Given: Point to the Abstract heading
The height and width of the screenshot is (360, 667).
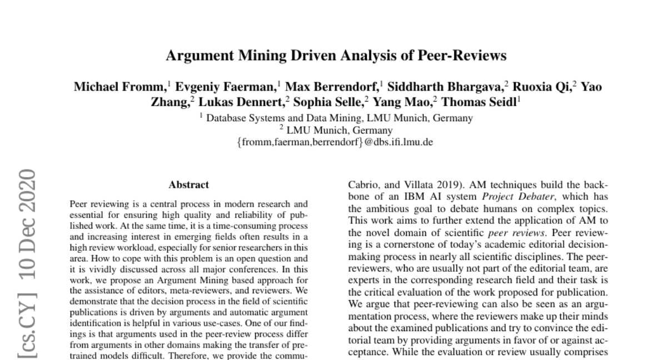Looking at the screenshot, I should (x=189, y=185).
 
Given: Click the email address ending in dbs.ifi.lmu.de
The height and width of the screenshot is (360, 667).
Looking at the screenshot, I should (x=334, y=142).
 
